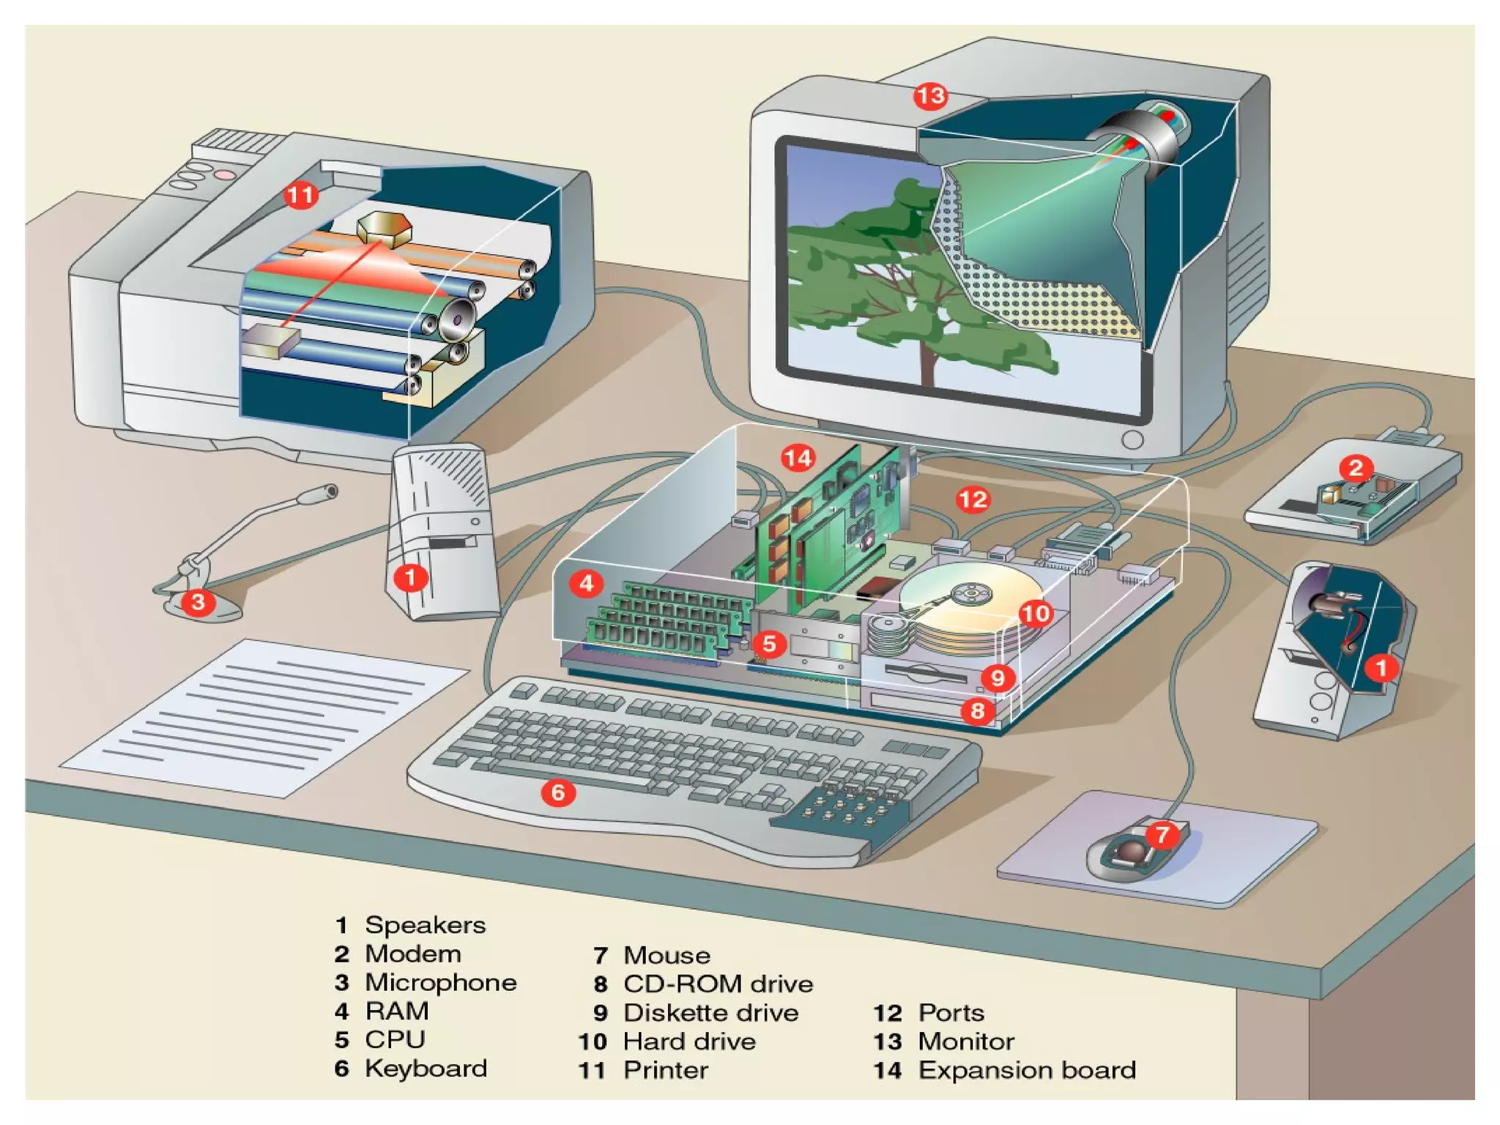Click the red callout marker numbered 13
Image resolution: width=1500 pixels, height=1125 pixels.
point(930,96)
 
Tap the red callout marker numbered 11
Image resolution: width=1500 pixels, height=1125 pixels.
point(300,195)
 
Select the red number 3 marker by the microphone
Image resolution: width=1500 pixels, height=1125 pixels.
point(198,602)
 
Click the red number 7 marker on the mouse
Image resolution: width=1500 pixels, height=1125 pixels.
point(1162,834)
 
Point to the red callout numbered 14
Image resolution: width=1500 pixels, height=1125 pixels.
point(798,458)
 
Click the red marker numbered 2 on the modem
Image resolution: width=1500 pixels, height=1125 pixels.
point(1356,467)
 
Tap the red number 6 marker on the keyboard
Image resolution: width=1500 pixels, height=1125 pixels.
point(558,792)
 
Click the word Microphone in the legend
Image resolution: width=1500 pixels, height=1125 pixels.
point(440,983)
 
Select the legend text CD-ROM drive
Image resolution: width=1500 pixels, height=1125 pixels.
point(718,984)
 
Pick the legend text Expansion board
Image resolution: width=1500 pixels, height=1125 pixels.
point(1027,1070)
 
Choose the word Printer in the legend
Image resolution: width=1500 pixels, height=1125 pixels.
point(665,1070)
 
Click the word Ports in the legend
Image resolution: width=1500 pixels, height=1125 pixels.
point(951,1013)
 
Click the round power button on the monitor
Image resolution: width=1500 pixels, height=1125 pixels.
point(1132,439)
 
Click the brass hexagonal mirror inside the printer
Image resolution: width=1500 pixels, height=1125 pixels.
point(384,227)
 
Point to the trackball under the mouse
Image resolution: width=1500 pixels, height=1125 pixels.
point(1132,853)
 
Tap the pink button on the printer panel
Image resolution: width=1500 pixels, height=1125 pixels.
point(225,175)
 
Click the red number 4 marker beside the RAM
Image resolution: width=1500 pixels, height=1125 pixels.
point(586,584)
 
